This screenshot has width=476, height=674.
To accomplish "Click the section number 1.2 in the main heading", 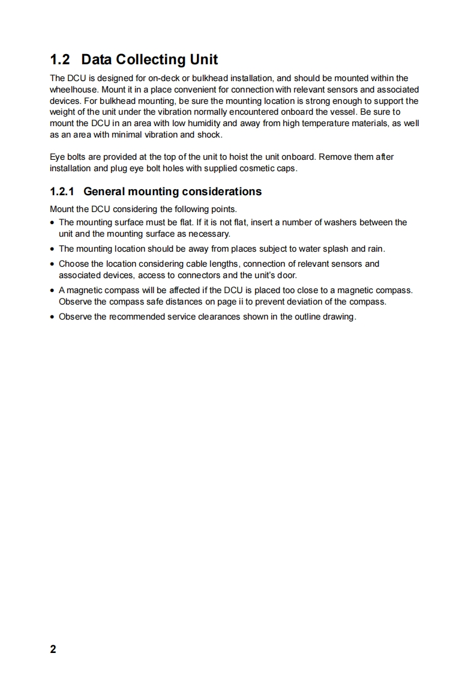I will point(60,59).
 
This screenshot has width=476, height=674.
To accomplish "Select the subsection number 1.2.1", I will point(62,192).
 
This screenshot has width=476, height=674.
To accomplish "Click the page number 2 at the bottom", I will point(53,649).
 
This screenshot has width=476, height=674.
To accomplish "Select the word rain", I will point(375,249).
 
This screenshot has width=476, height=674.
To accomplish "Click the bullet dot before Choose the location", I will point(53,264).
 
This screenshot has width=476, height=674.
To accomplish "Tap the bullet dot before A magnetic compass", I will point(53,291).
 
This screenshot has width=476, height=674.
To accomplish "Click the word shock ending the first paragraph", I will point(209,135).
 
